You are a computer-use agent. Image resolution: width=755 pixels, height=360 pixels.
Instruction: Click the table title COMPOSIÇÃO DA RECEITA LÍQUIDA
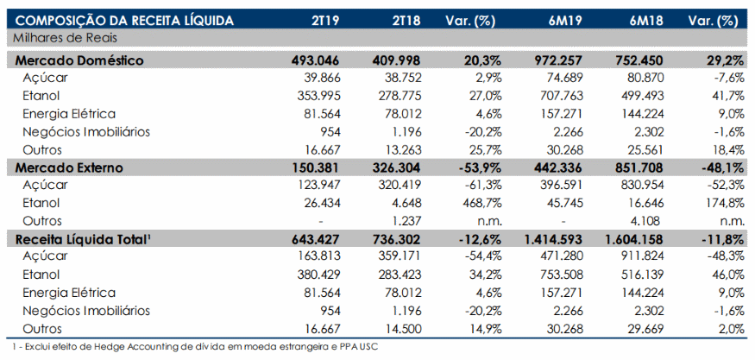tap(125, 21)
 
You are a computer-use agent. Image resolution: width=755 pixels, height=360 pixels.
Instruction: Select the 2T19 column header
tap(325, 21)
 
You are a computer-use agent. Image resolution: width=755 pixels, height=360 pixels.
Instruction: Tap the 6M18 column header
tap(647, 21)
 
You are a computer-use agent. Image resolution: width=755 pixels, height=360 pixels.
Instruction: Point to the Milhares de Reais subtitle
tap(65, 38)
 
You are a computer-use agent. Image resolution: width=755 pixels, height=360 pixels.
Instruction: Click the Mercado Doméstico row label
tap(79, 60)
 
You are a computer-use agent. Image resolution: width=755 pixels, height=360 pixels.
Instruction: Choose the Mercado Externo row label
tap(69, 167)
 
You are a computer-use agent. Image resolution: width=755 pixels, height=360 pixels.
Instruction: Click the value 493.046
tap(316, 60)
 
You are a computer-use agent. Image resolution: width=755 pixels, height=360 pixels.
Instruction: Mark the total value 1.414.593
tap(551, 239)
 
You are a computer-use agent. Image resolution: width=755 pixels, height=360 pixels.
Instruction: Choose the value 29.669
tap(643, 329)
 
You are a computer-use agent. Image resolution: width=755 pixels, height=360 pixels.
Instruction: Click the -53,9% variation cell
tap(480, 167)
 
